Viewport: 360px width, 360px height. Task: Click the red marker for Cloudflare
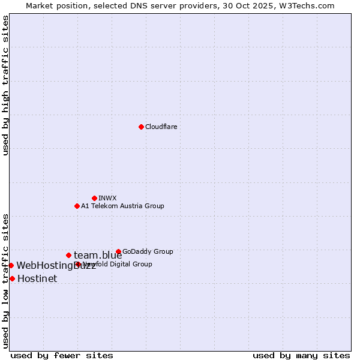[141, 127]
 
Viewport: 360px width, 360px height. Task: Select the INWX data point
[94, 198]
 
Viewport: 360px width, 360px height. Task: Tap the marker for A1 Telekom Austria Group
[77, 206]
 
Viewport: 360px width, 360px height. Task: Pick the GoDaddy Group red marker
[118, 251]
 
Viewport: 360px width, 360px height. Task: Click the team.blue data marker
[68, 255]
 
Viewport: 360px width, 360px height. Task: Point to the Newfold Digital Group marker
[78, 264]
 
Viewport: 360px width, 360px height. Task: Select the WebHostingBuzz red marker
[11, 265]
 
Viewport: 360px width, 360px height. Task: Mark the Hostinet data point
[12, 278]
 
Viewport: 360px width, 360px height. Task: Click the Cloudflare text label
[161, 127]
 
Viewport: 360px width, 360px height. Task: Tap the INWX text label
[107, 198]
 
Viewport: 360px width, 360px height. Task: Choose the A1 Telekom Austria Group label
[122, 206]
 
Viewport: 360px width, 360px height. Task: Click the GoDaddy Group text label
[148, 251]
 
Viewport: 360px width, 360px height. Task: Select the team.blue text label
[98, 255]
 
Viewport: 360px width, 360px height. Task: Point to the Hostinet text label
[37, 278]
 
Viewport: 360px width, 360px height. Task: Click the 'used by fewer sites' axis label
[62, 355]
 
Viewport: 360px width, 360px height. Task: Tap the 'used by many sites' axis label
[301, 355]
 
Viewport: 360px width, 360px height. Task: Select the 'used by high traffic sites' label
[6, 86]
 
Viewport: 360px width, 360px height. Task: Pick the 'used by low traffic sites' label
[6, 280]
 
